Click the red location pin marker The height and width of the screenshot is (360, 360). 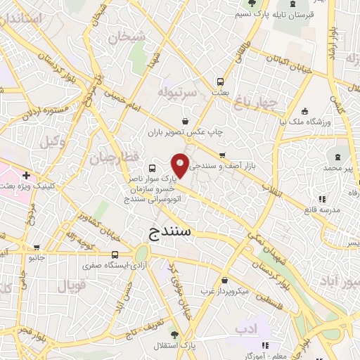click(181, 165)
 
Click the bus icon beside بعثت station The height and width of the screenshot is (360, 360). click(221, 81)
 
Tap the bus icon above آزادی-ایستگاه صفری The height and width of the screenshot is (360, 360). click(115, 255)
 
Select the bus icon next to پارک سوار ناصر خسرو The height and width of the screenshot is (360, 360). click(153, 169)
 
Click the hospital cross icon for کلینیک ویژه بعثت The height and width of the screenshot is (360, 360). click(26, 175)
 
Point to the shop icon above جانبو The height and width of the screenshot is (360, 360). click(36, 246)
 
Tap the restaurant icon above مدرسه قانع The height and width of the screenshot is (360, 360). click(322, 199)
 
